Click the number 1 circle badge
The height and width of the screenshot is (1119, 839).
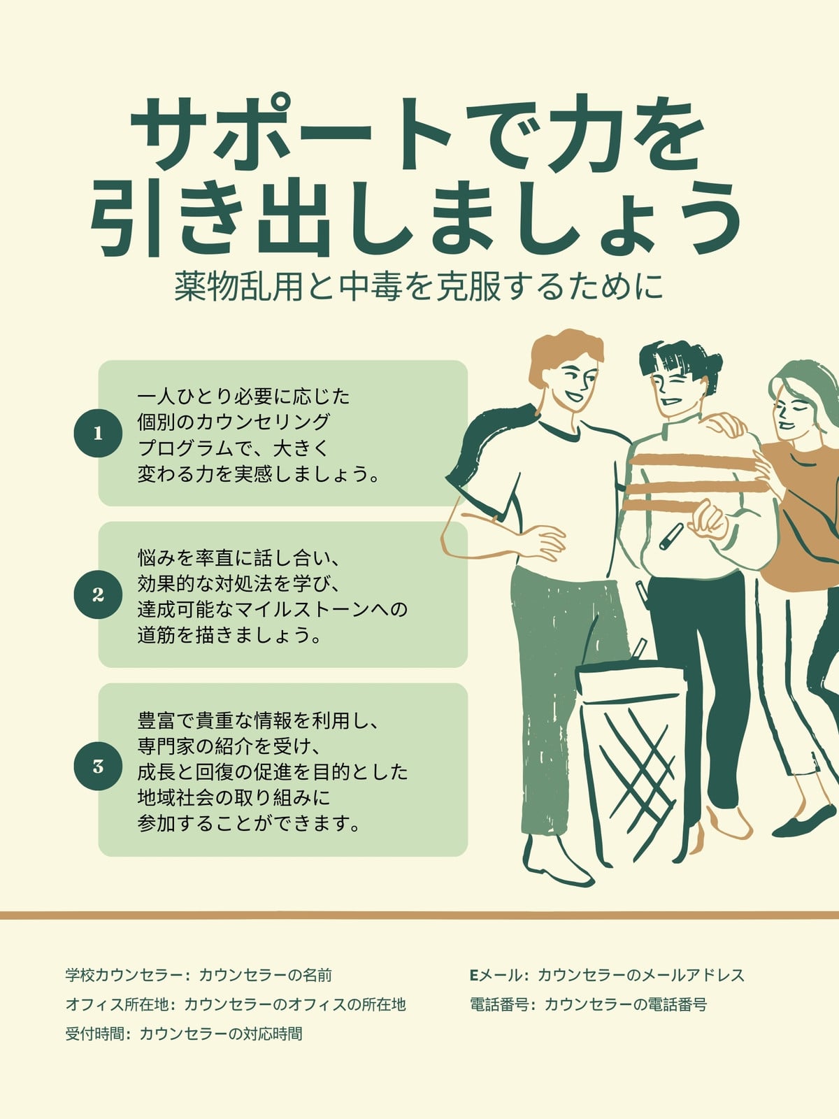point(98,434)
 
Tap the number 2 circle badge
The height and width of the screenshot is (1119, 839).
point(98,595)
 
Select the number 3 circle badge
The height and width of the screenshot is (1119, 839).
point(98,767)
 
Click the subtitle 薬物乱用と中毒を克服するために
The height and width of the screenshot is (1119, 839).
point(419,287)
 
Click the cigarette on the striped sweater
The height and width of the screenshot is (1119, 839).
point(671,536)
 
